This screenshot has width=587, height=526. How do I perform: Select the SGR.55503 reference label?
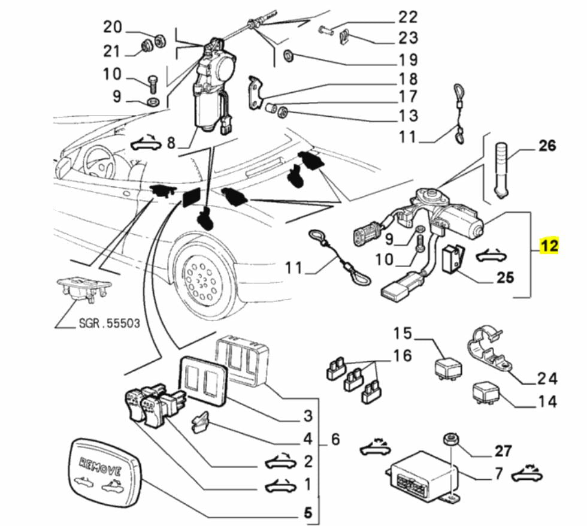click(x=109, y=324)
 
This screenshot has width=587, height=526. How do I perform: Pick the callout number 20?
click(x=113, y=27)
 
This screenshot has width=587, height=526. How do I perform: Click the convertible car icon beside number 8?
click(x=146, y=143)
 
